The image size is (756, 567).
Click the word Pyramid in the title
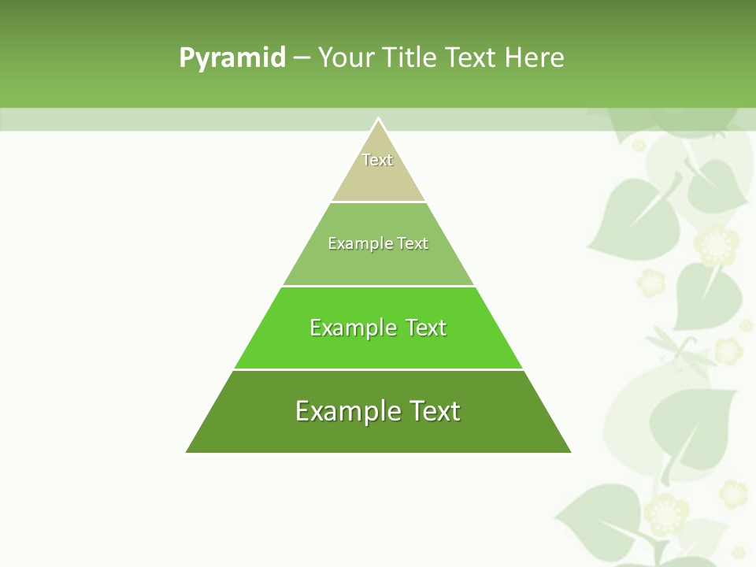tap(232, 58)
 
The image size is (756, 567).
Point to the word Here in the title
tap(534, 58)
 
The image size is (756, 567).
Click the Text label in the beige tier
tap(377, 160)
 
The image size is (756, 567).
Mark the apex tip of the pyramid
tap(379, 119)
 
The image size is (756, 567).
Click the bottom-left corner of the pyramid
tap(187, 451)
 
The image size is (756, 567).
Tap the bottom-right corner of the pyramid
tap(569, 451)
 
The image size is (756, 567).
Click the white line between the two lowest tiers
tap(378, 369)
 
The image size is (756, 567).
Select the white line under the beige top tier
tap(378, 202)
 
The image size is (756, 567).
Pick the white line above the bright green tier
tap(378, 286)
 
